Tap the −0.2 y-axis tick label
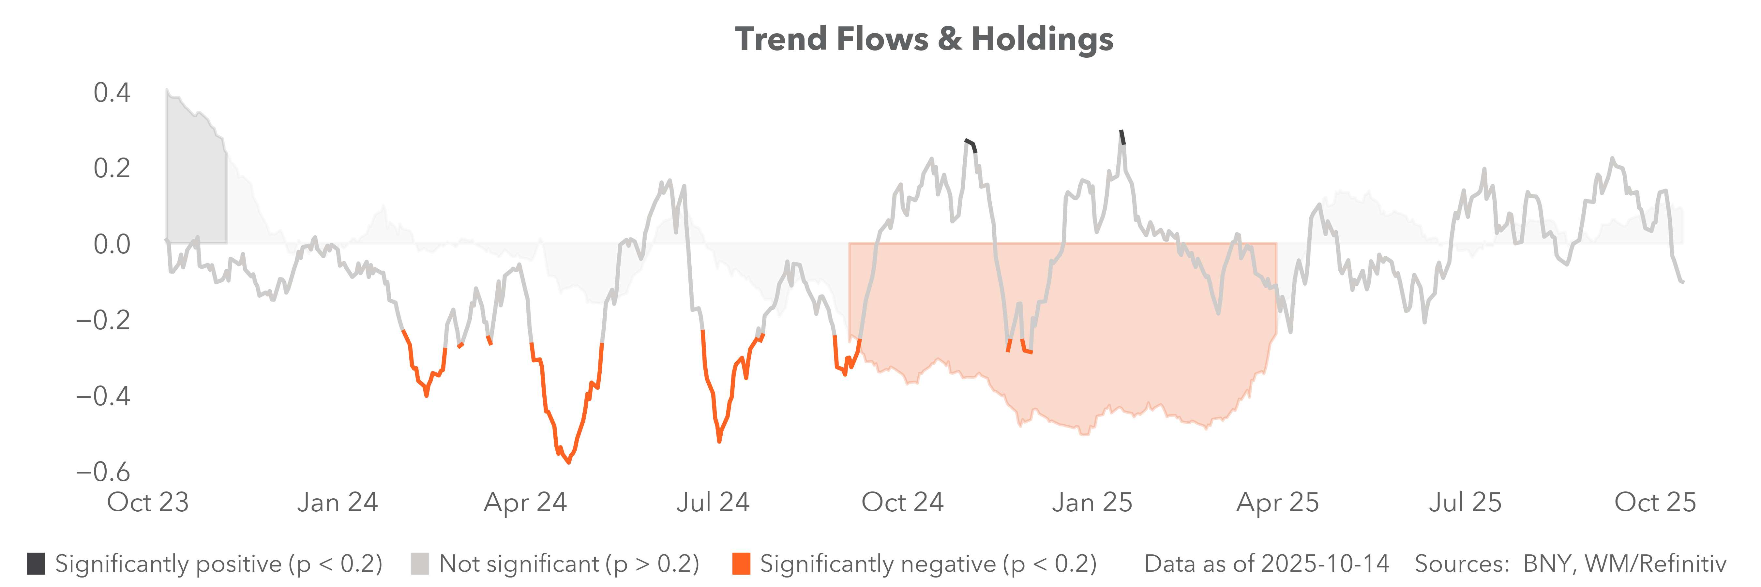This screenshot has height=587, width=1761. (102, 320)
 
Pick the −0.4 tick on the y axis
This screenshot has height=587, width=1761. (102, 396)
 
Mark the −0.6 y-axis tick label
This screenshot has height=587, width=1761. (102, 472)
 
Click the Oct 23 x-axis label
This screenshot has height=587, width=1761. (148, 502)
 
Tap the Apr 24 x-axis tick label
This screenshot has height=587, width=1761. (525, 502)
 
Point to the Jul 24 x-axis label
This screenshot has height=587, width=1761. (713, 502)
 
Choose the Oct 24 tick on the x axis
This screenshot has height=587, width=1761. (902, 502)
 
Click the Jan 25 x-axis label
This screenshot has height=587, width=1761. (1092, 502)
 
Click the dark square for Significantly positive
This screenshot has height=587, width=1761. (36, 564)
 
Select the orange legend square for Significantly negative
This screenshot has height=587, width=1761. (741, 564)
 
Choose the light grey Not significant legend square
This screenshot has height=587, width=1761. (420, 564)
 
